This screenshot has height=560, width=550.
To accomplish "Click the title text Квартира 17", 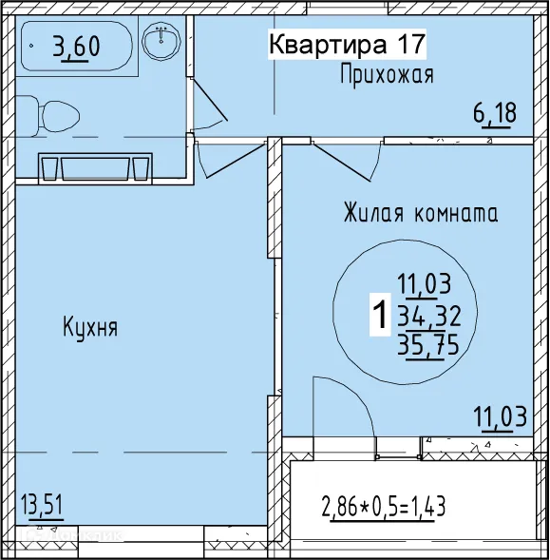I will tap(346, 44).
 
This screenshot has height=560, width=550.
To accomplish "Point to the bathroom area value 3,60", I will tap(77, 46).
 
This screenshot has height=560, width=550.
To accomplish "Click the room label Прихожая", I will tap(387, 76).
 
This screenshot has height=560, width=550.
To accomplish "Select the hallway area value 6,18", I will tap(495, 114).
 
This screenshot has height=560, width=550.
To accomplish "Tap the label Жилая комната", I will tap(421, 213).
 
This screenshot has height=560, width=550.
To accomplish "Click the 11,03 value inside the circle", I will tap(425, 282).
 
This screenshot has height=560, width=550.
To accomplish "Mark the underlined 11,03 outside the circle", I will tap(499, 416).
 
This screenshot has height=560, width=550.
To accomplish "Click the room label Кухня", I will tap(90, 328).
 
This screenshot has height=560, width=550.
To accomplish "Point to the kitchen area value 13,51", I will tap(42, 503).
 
